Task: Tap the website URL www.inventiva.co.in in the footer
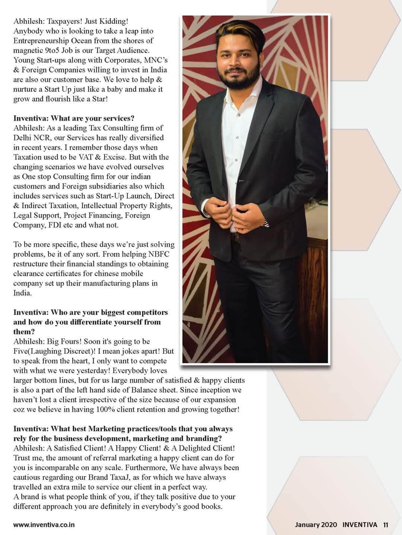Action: pyautogui.click(x=44, y=525)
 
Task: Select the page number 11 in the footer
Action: pyautogui.click(x=385, y=525)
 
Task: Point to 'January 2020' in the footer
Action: pyautogui.click(x=316, y=525)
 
